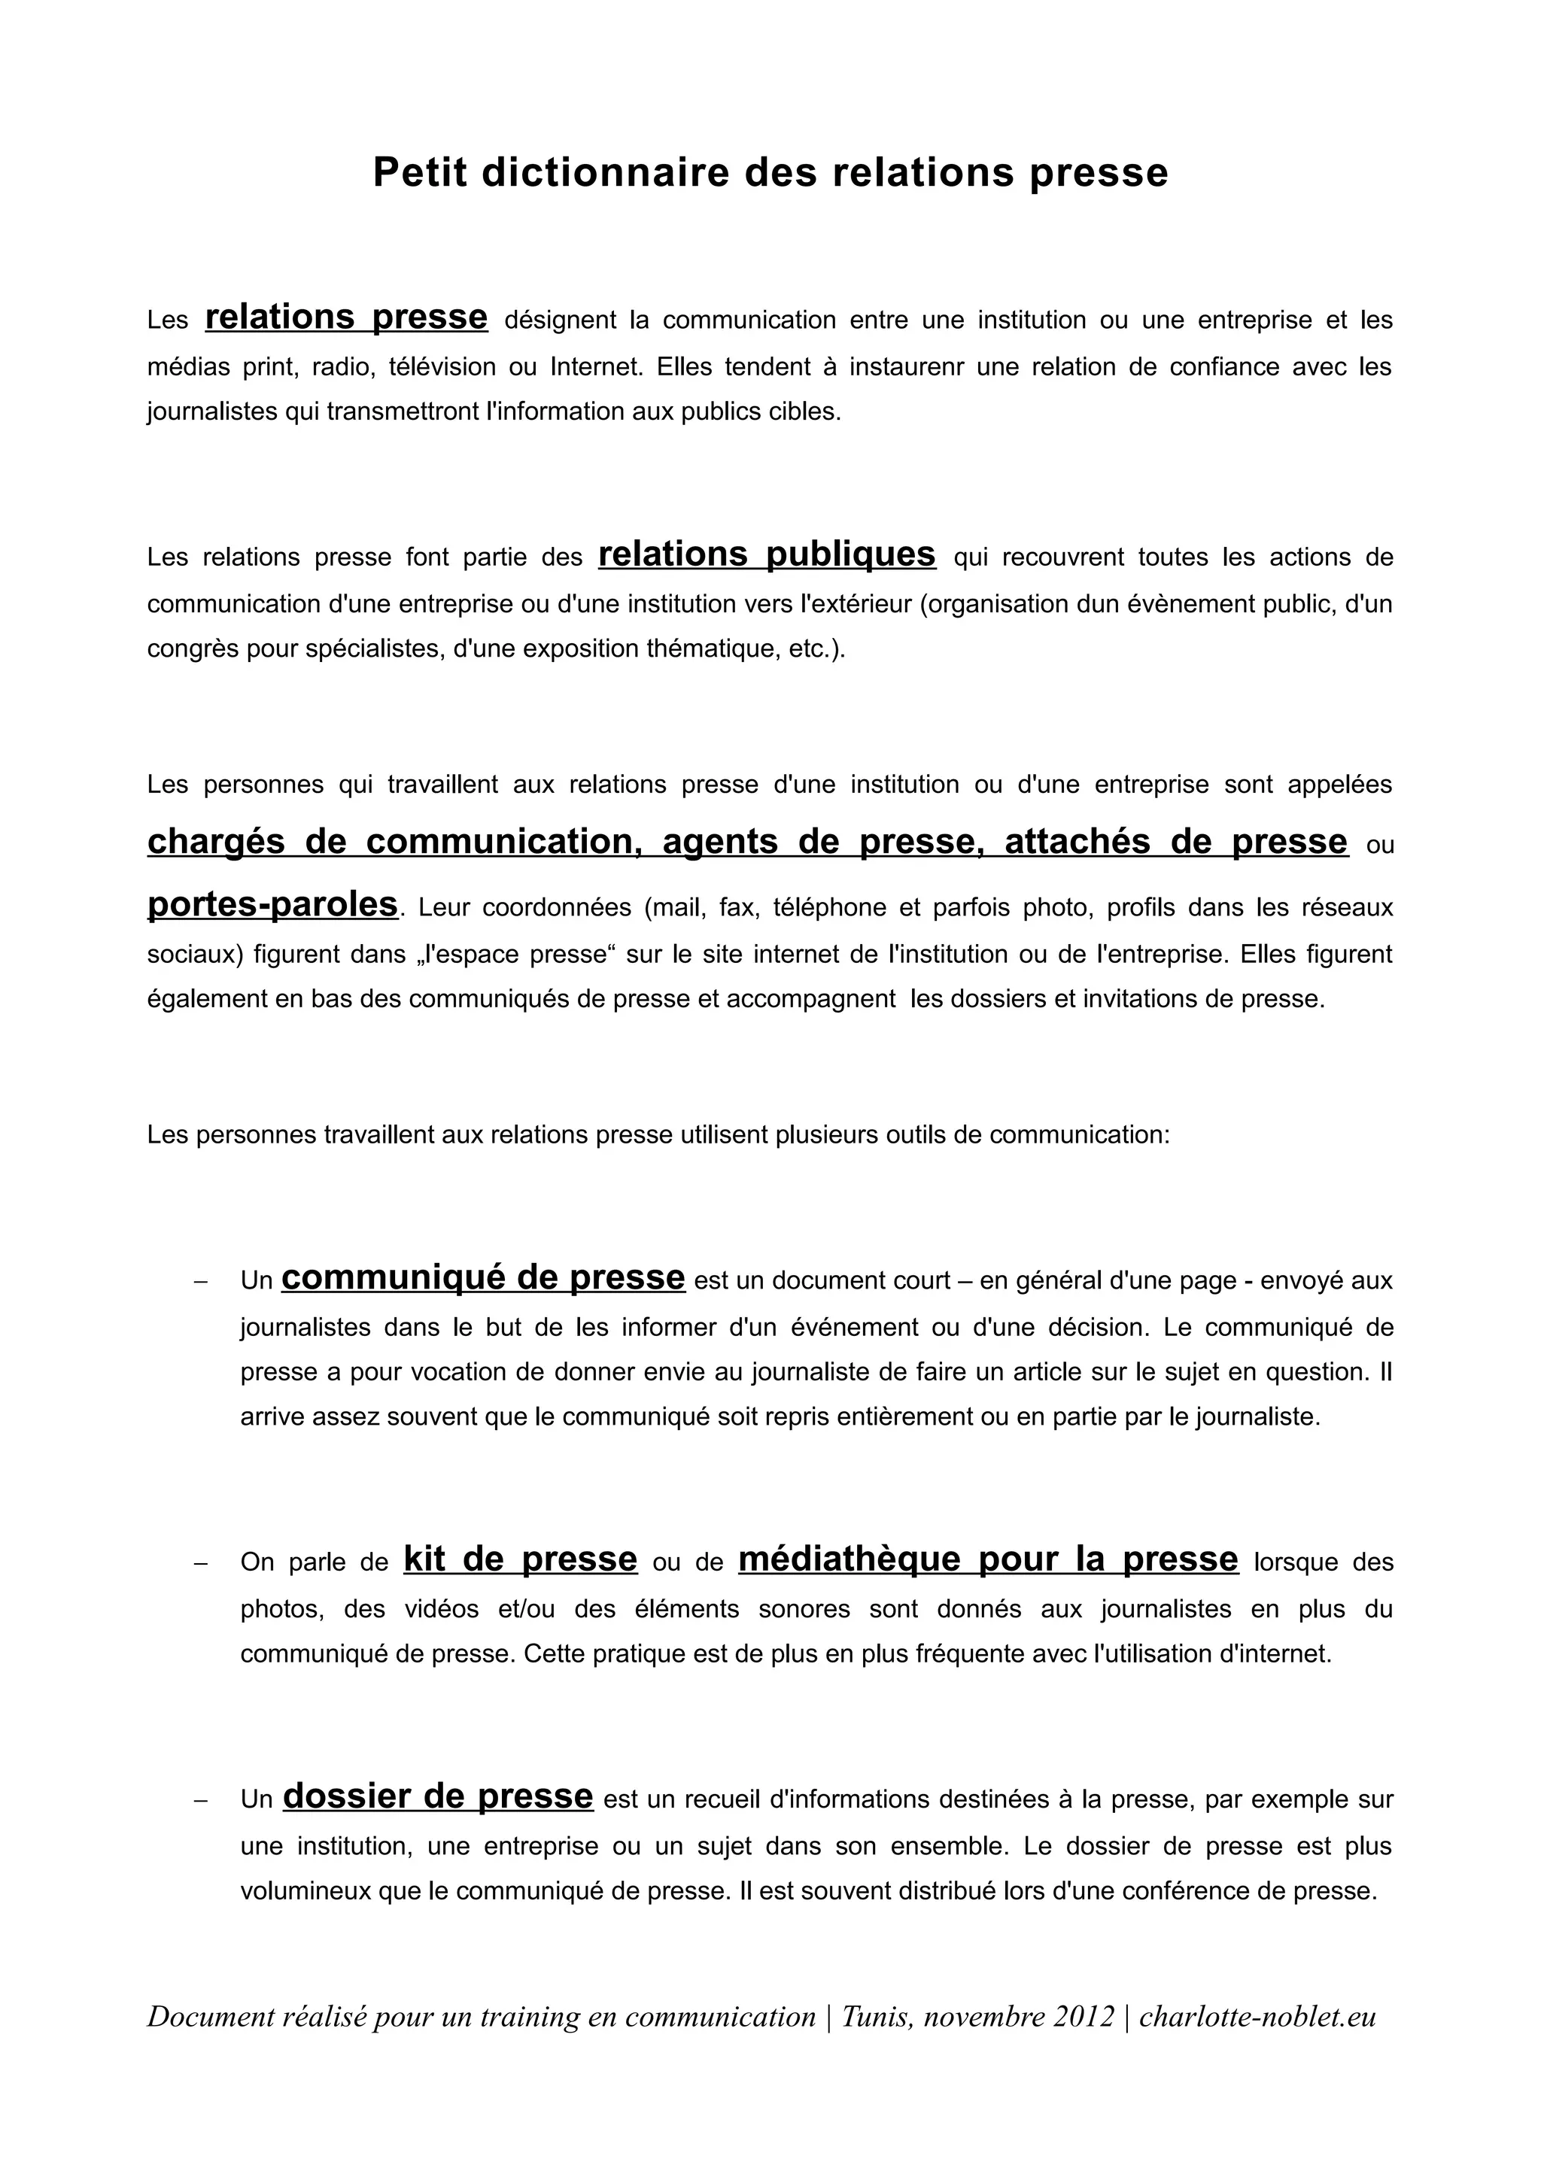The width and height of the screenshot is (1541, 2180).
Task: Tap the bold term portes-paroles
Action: point(272,904)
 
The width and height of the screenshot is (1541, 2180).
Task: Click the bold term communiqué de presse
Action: point(483,1278)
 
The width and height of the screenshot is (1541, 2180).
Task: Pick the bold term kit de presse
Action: point(520,1559)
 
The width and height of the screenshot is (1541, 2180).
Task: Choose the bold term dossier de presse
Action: point(438,1796)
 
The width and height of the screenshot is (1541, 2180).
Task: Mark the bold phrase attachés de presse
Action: point(1175,843)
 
